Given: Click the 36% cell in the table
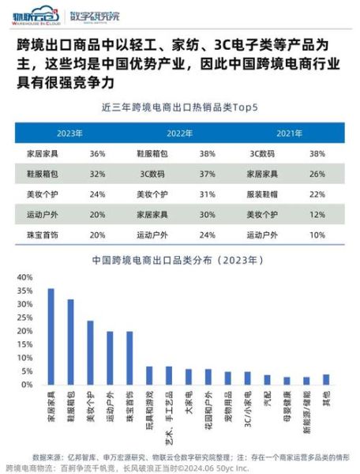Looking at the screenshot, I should point(98,152).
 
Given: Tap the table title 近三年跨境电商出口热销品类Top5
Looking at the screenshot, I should point(180,106).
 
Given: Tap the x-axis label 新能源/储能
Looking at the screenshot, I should point(306,410).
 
